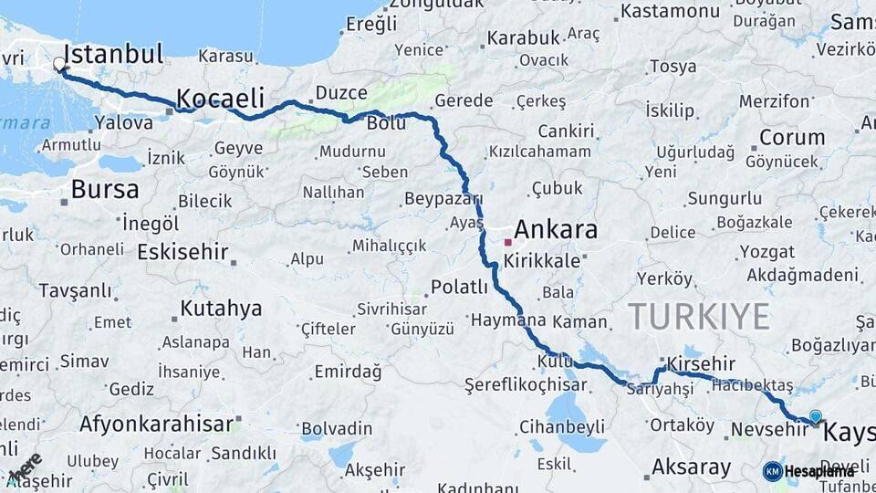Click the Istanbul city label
click(x=115, y=54)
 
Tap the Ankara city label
click(x=556, y=229)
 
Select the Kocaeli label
click(x=220, y=98)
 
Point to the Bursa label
click(x=105, y=190)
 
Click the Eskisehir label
click(x=182, y=251)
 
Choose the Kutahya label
click(x=221, y=309)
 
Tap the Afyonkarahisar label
click(x=157, y=424)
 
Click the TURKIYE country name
click(x=699, y=317)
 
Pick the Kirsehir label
click(x=701, y=363)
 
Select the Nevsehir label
click(x=770, y=428)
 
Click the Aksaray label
click(x=691, y=468)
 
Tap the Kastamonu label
click(x=670, y=12)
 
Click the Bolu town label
click(x=386, y=122)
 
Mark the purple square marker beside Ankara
click(x=507, y=243)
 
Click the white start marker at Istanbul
click(x=60, y=65)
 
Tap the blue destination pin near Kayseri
click(x=815, y=416)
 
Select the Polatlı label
click(x=459, y=288)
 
